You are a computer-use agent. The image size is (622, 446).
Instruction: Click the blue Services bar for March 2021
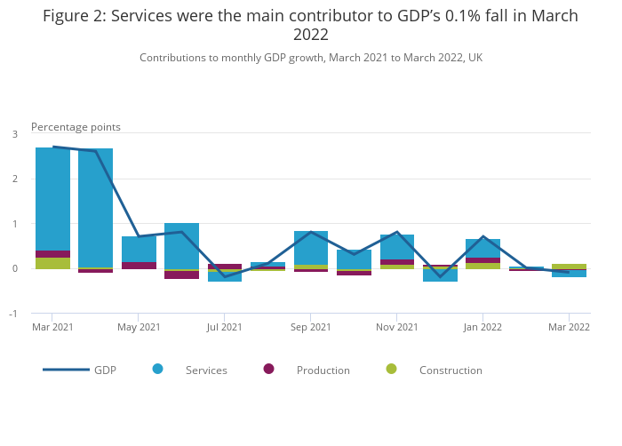52,199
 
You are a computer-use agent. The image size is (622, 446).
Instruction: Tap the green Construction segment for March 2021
52,263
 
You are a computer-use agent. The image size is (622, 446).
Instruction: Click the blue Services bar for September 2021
311,247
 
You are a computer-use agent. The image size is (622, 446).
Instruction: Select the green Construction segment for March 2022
569,267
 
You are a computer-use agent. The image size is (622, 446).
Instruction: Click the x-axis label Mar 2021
52,327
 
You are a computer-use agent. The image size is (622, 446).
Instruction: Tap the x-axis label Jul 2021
225,327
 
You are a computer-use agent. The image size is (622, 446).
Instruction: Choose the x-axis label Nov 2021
397,327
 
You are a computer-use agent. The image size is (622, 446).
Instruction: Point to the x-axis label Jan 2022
482,327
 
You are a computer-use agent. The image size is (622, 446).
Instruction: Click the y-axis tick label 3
15,134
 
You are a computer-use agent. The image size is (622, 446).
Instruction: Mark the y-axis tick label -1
13,314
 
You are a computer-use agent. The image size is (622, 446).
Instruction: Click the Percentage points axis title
76,127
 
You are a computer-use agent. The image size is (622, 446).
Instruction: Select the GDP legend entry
80,370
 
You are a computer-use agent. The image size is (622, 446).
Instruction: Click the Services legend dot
157,369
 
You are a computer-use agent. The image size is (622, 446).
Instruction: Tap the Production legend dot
268,369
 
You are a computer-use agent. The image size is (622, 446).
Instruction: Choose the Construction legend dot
391,369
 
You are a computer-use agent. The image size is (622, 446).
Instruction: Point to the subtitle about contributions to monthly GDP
311,57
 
